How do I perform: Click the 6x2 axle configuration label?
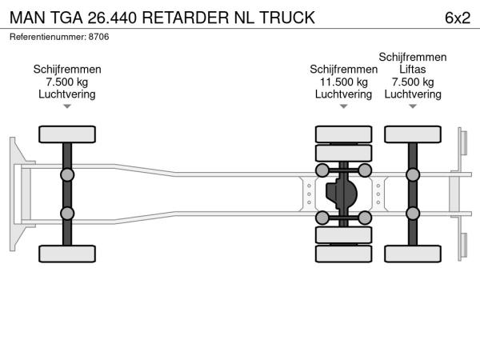point(456,17)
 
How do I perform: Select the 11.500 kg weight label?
point(343,82)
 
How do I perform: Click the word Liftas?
point(412,70)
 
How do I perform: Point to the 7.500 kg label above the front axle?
point(67,82)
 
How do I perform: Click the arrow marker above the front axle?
point(67,106)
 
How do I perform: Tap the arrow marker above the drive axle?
point(343,106)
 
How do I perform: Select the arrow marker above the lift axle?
point(412,106)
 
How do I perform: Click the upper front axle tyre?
point(67,134)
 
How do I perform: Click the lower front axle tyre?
point(67,254)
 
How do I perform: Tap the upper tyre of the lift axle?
point(413,134)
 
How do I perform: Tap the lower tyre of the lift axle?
point(413,254)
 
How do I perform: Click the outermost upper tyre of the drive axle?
point(344,134)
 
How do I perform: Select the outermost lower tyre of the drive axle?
point(344,254)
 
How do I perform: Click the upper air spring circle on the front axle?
point(67,174)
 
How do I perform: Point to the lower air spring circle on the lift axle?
point(413,213)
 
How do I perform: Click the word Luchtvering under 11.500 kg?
point(343,94)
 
